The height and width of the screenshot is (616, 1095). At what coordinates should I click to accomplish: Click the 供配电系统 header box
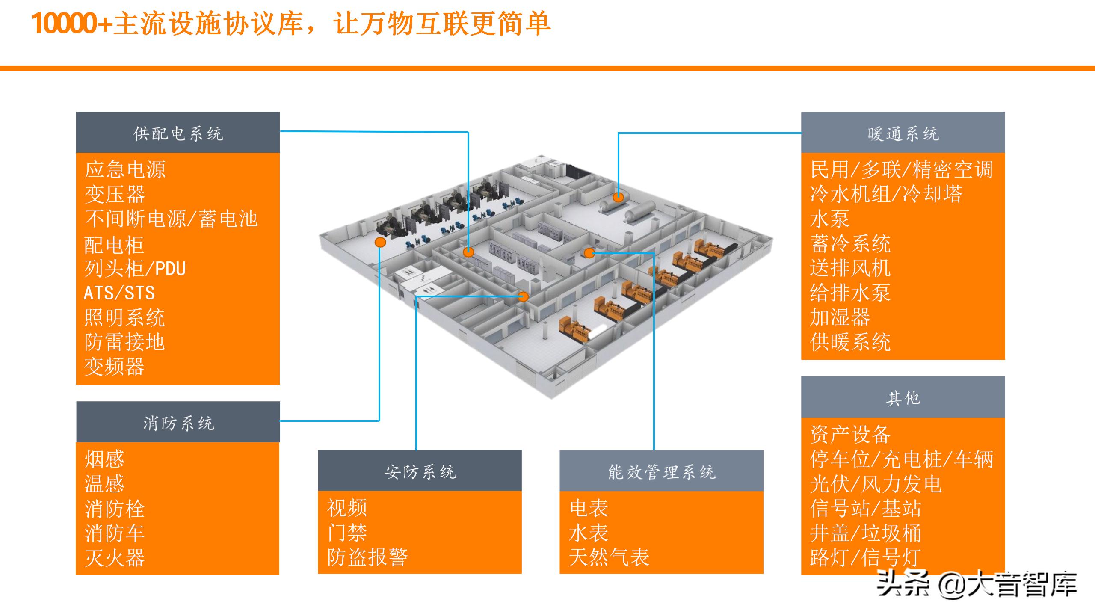coord(178,133)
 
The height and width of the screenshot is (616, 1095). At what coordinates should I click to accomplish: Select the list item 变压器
coord(115,194)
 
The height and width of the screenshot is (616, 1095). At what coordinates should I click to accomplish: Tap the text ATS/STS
coord(119,293)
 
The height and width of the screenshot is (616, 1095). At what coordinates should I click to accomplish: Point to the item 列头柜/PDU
coord(135,269)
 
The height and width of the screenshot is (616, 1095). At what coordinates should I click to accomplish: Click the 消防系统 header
coord(178,422)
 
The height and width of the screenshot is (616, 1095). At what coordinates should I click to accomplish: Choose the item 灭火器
coord(115,558)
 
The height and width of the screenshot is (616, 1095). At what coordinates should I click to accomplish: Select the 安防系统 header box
coord(420,471)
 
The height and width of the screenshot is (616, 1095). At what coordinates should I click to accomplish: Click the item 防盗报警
coord(367,557)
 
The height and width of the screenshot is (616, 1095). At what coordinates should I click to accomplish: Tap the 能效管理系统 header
coord(661,471)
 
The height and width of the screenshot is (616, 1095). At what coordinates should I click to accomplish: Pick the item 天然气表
coord(609,557)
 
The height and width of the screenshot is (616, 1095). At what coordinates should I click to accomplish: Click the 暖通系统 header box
coord(903,133)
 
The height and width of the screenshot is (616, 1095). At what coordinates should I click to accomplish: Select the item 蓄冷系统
coord(850,244)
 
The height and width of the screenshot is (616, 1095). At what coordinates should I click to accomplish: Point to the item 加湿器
coord(840,317)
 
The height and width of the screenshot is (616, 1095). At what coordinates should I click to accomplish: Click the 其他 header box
coord(903,397)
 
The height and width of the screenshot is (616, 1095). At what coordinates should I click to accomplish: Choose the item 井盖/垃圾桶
coord(865,533)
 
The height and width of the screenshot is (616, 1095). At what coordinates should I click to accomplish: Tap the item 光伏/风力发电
coord(876,484)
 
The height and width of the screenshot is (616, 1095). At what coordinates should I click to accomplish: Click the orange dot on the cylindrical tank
coord(618,197)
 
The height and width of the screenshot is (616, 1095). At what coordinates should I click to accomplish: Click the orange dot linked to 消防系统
coord(380,243)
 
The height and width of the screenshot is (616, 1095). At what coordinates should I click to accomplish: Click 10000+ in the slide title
coord(71,23)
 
